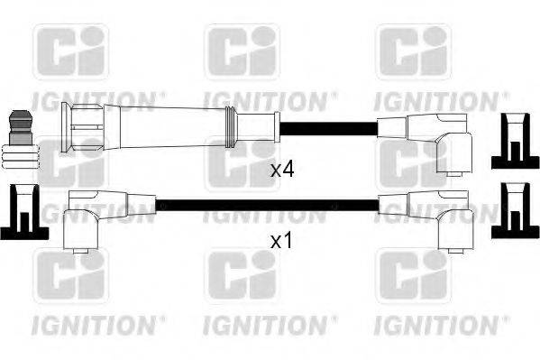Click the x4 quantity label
[x=283, y=169]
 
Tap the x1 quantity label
[x=283, y=242]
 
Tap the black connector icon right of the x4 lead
[x=513, y=141]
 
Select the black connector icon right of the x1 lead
[x=513, y=213]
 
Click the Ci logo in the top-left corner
[x=70, y=51]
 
